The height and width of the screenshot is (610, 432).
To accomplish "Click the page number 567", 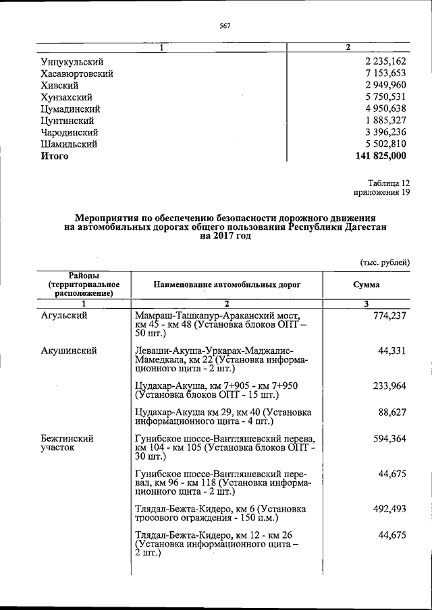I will [x=225, y=26].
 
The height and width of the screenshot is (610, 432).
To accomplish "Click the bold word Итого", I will [x=55, y=156].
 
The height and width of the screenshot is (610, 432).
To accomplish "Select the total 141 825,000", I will [x=380, y=156].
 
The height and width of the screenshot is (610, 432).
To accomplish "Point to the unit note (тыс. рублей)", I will [x=382, y=262].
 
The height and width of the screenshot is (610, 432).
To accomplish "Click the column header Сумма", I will [x=367, y=284].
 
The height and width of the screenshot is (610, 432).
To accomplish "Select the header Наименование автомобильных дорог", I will [x=227, y=284].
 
